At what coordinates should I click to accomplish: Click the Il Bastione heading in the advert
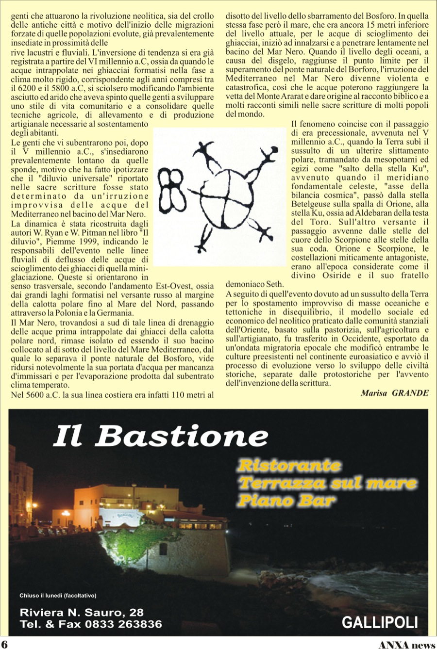pos(160,437)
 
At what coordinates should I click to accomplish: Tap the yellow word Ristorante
pos(289,466)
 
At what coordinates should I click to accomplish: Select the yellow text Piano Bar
pos(286,500)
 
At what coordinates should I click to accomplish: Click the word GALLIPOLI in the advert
pos(380,622)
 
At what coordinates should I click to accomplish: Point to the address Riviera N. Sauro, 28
pos(82,613)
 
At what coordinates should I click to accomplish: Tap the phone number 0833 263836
pos(123,624)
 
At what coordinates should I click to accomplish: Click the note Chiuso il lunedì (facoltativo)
pos(58,595)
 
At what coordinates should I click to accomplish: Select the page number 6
pos(4,644)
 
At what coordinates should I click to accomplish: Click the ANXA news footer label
pos(407,645)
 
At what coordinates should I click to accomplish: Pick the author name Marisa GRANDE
pos(394,393)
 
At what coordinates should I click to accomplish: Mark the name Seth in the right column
pos(273,285)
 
